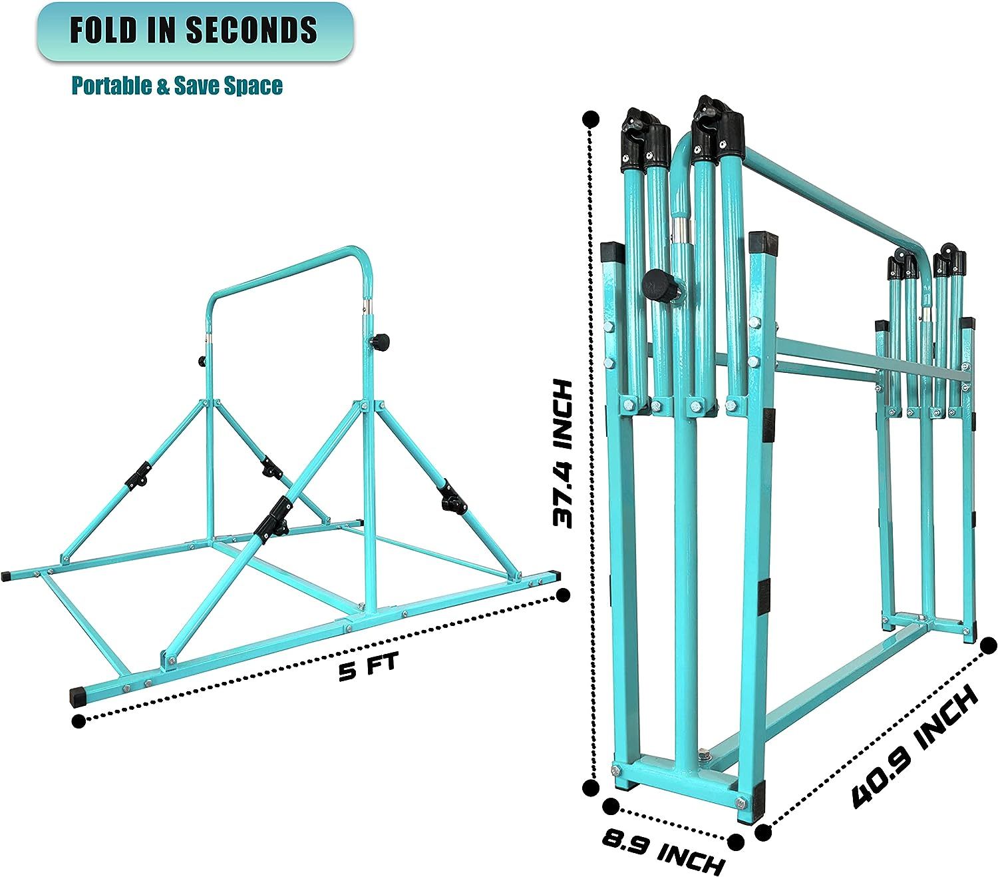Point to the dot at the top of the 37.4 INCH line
coord(589,119)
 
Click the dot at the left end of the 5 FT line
coord(79,721)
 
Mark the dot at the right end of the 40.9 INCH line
coord(989,644)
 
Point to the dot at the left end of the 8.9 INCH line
coord(609,806)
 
